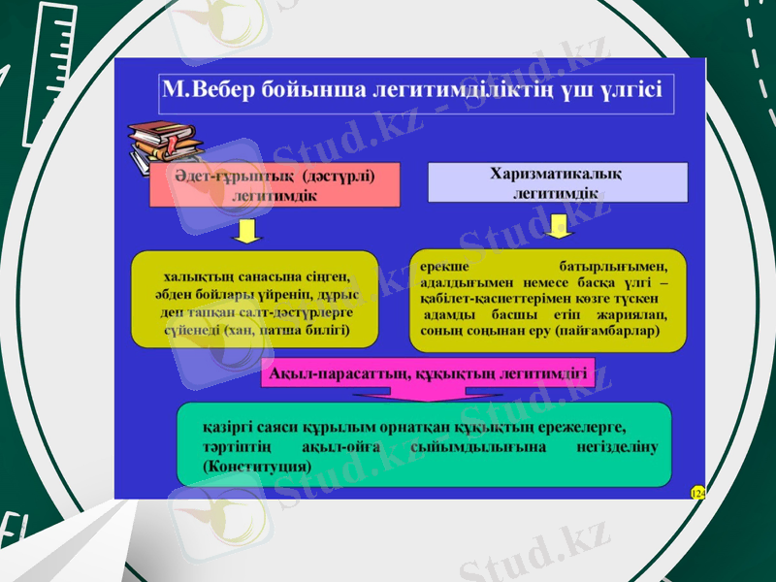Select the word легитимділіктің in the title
coord(457,90)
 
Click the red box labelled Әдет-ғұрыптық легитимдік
coord(275,184)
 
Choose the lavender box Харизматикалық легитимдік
coord(558,182)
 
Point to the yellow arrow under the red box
coord(249,232)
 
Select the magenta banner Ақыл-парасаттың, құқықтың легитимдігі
coord(428,372)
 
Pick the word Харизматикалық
coord(558,174)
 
